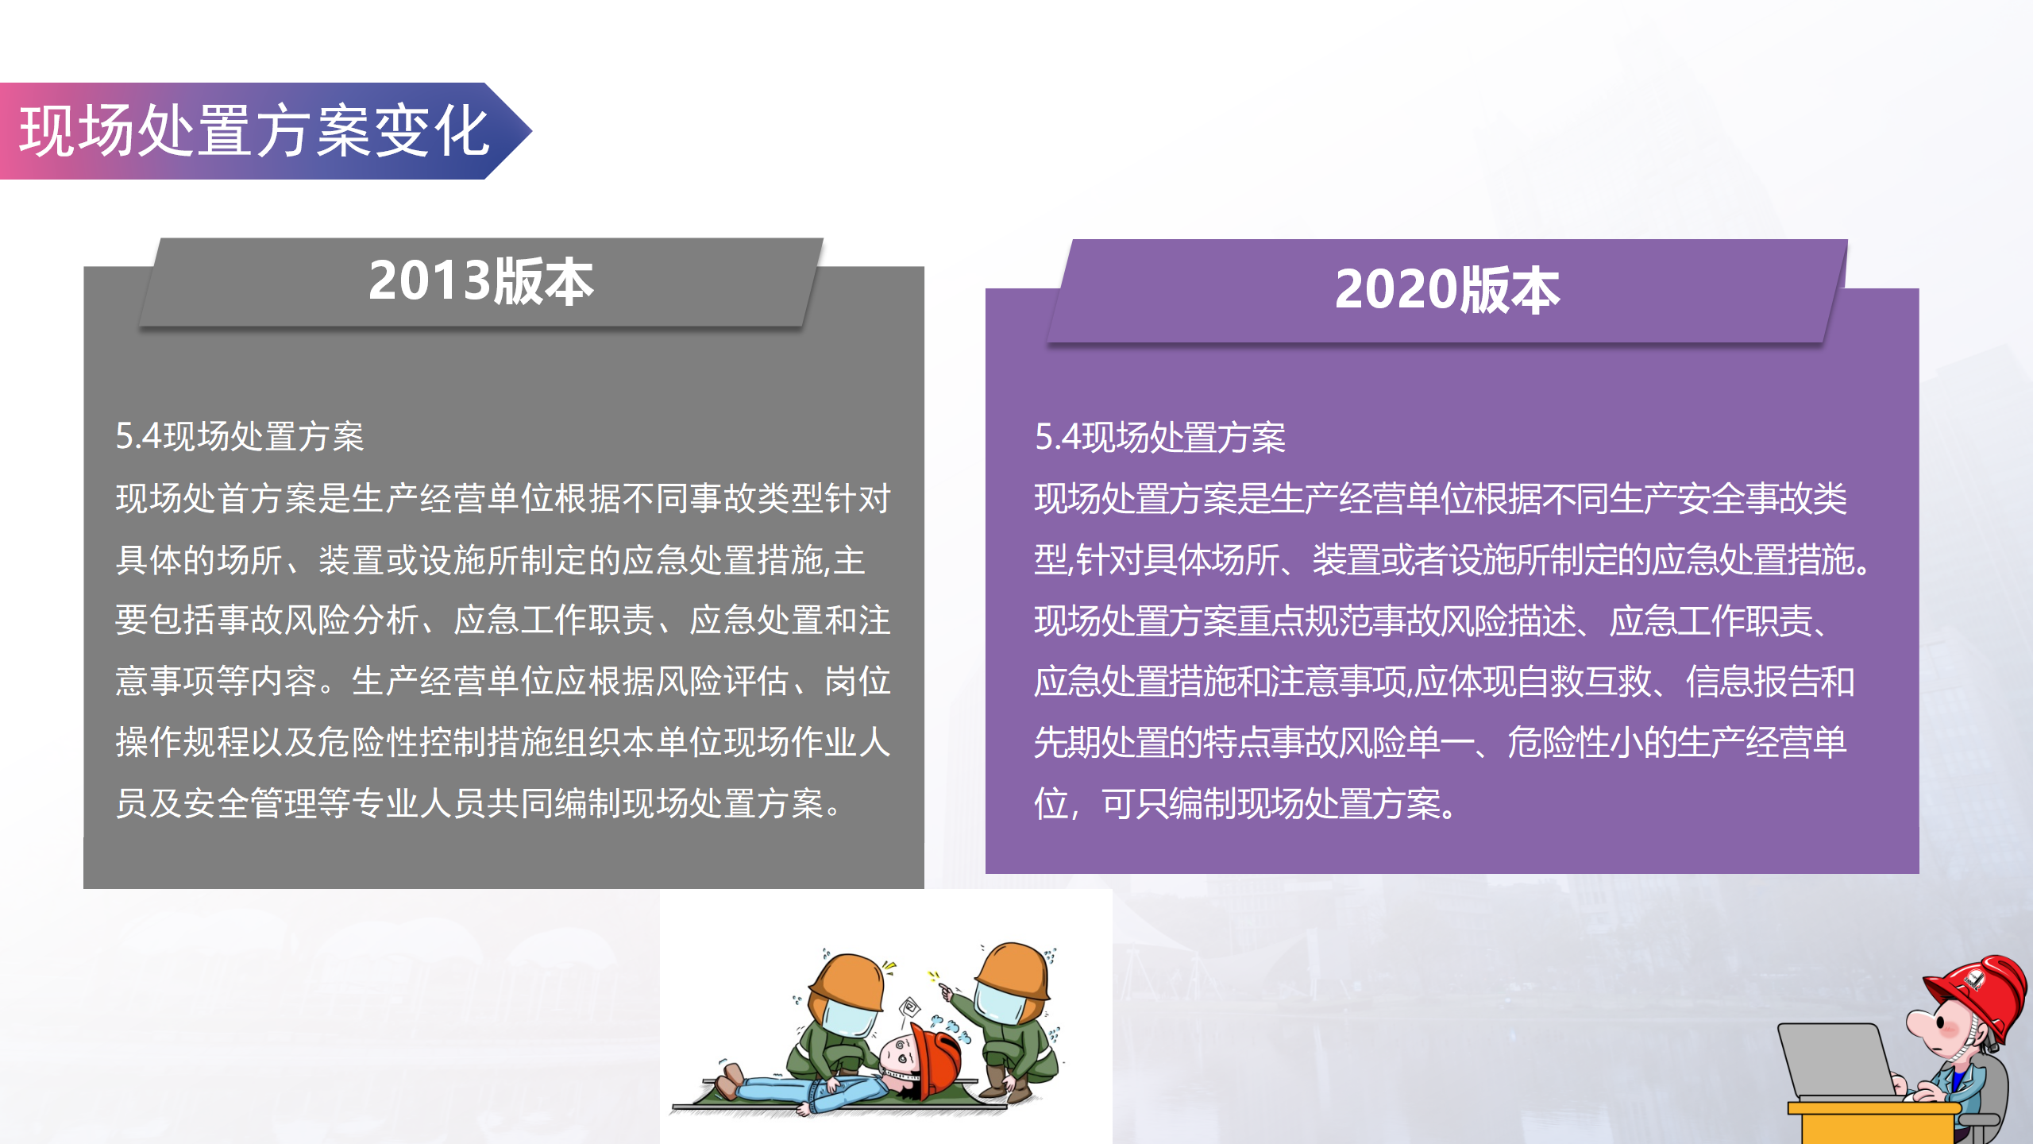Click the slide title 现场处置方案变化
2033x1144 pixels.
[x=254, y=131]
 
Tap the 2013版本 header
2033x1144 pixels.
[x=481, y=281]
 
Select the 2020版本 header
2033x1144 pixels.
[x=1447, y=290]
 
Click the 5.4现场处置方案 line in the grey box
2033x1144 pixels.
[x=240, y=437]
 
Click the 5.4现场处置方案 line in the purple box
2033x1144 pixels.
[x=1159, y=438]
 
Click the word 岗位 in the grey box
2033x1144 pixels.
[x=858, y=682]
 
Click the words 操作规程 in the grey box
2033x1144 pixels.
[x=183, y=743]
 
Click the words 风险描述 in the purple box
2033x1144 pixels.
[x=1509, y=621]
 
